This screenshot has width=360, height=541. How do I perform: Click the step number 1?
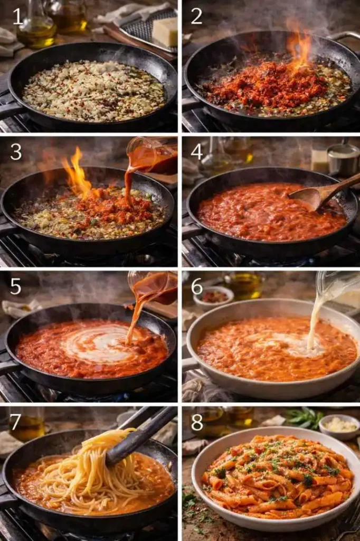tap(18, 17)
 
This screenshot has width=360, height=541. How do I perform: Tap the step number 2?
tap(196, 16)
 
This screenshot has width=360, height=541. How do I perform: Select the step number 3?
tap(16, 152)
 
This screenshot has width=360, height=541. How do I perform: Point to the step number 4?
tap(196, 152)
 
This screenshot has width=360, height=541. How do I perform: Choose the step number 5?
tap(16, 286)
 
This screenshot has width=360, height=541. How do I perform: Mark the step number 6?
tap(196, 286)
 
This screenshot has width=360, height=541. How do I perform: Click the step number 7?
tap(16, 421)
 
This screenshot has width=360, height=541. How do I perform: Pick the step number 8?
tap(196, 421)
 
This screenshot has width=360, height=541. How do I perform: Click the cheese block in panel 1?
tap(165, 32)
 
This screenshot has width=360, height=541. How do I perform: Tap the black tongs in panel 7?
tap(140, 435)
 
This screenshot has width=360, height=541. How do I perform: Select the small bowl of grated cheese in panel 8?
tap(339, 426)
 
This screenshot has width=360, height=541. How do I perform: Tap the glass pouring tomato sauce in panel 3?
tap(153, 153)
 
